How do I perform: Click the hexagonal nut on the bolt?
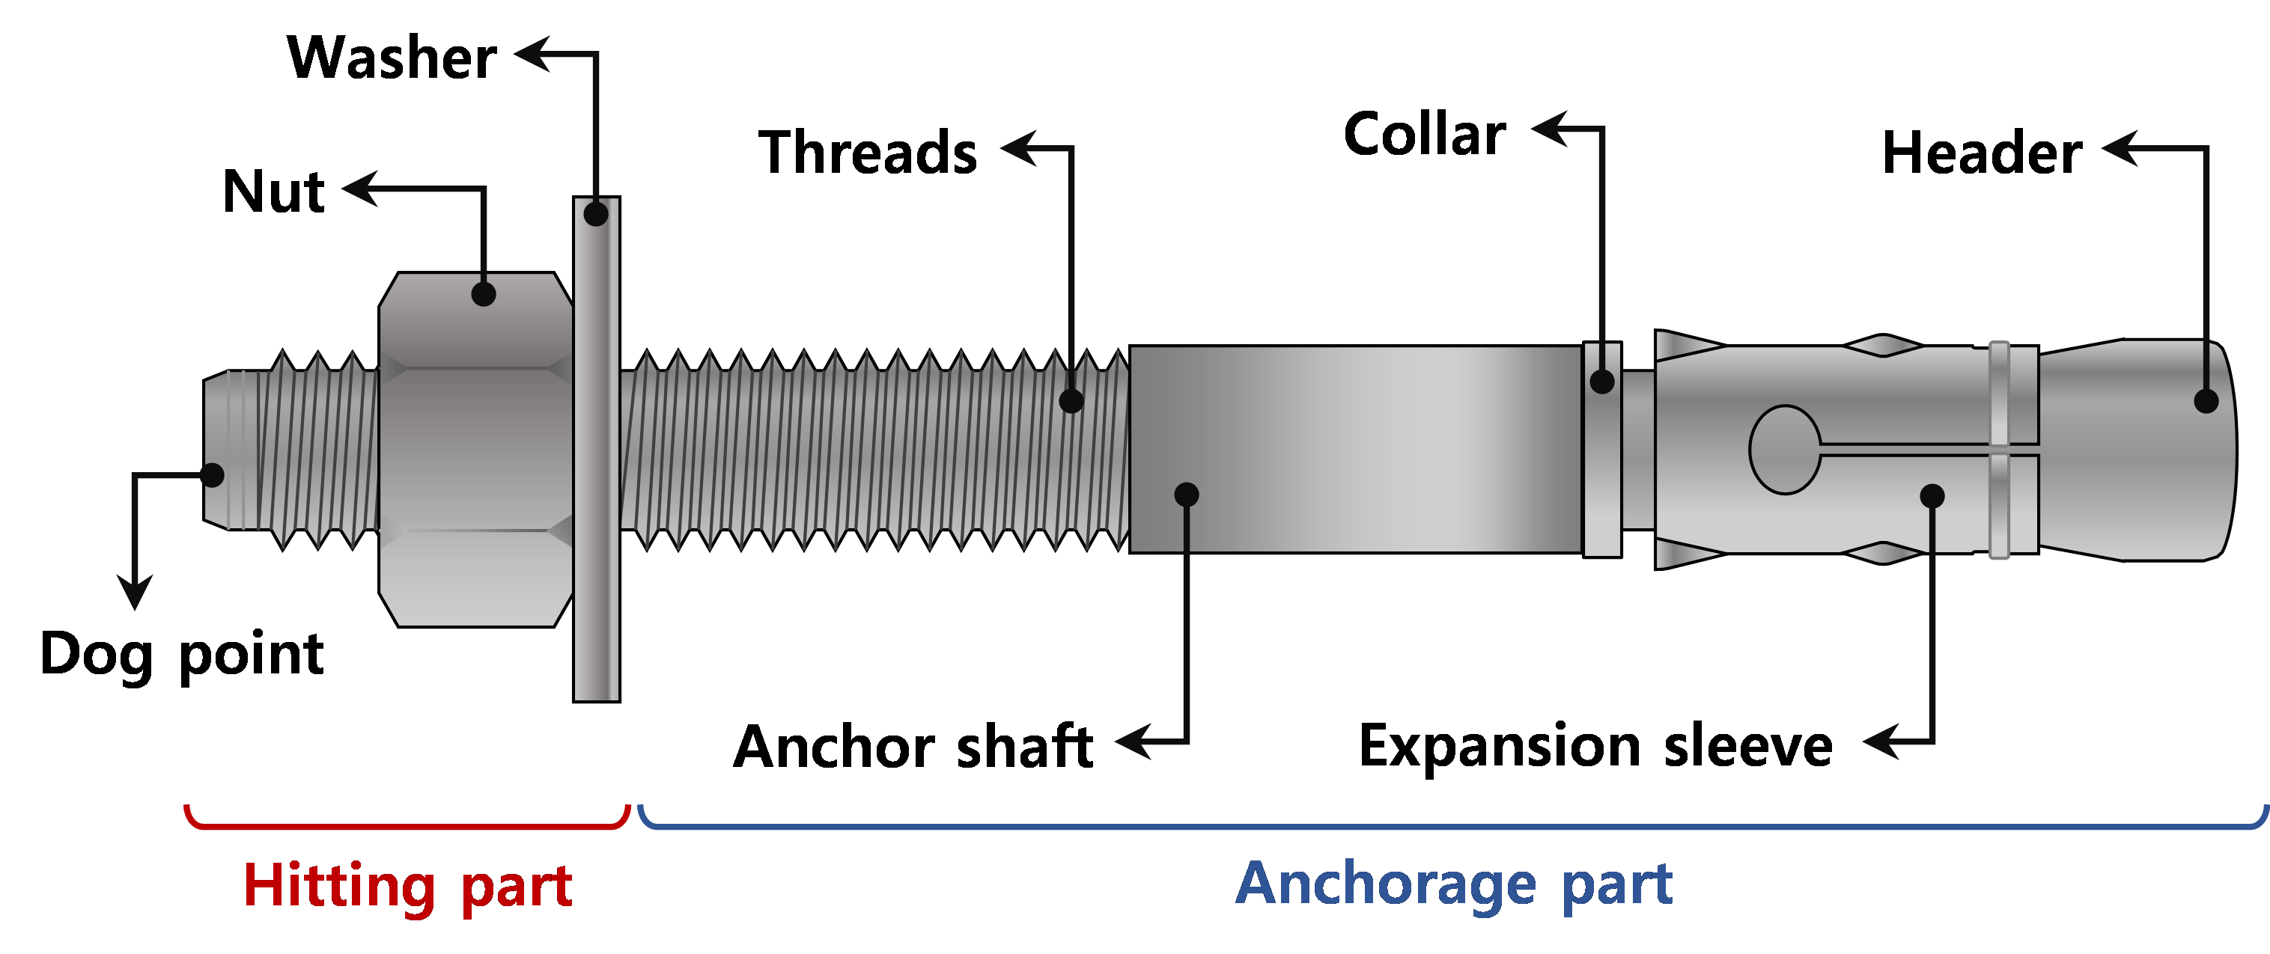[x=476, y=449]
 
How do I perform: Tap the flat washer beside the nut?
[x=597, y=458]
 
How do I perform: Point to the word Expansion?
[x=1499, y=745]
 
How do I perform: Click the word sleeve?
[x=1748, y=745]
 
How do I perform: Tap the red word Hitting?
[x=338, y=886]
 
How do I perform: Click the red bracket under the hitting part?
[x=407, y=825]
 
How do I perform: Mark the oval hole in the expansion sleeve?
[x=1784, y=449]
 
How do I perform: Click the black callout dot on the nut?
[x=484, y=293]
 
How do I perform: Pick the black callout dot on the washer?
[x=597, y=214]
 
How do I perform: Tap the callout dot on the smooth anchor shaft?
[x=1187, y=494]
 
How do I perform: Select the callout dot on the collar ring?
[x=1602, y=382]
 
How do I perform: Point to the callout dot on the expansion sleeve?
[x=1932, y=495]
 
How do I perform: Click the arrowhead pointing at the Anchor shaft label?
[x=1132, y=742]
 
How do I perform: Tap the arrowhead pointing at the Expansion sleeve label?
[x=1877, y=742]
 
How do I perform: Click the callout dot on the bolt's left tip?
[x=213, y=475]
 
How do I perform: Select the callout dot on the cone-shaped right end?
[x=2206, y=401]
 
